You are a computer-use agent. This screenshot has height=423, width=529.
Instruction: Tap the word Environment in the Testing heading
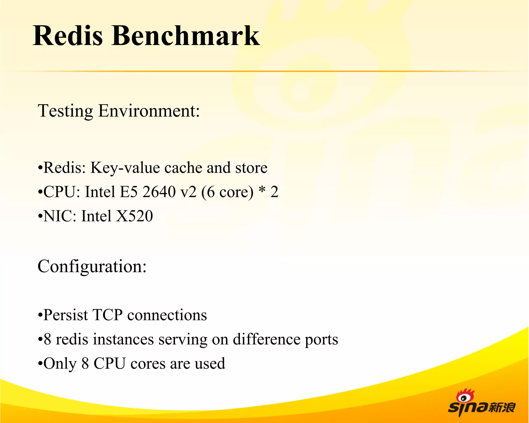[x=149, y=111]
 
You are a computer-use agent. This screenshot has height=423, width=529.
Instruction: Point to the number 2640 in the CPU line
[x=159, y=192]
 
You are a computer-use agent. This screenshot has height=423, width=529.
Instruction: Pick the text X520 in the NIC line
[x=134, y=216]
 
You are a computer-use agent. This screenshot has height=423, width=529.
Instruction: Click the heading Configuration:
[x=92, y=266]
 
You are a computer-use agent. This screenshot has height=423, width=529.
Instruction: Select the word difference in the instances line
[x=266, y=339]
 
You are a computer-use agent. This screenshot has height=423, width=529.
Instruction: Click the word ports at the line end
[x=321, y=340]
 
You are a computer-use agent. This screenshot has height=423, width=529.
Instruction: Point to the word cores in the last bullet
[x=148, y=364]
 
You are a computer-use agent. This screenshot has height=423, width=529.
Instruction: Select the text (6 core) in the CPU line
[x=227, y=192]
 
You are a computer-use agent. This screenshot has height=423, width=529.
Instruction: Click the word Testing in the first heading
[x=65, y=111]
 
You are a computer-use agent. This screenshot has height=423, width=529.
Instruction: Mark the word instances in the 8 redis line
[x=123, y=339]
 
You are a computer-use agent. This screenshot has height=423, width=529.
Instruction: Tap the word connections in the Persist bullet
[x=167, y=315]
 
